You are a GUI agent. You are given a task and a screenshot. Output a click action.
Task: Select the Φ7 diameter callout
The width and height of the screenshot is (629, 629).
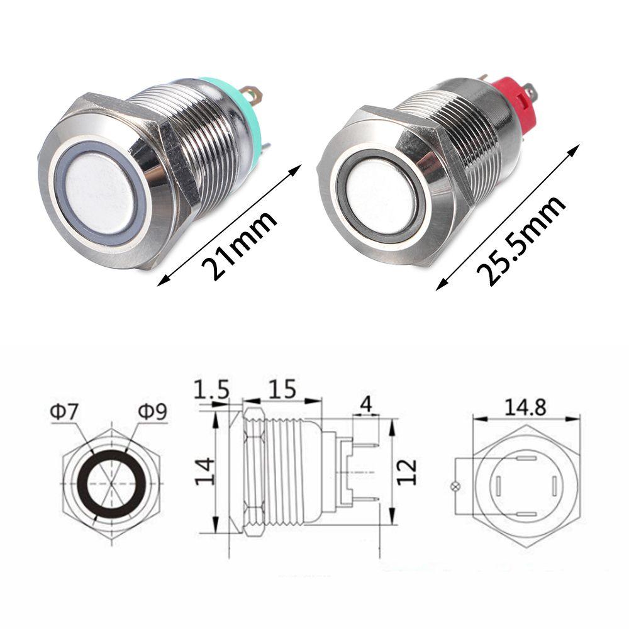pyautogui.click(x=64, y=413)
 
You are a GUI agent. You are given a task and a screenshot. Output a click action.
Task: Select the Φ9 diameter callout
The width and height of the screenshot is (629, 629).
pyautogui.click(x=152, y=413)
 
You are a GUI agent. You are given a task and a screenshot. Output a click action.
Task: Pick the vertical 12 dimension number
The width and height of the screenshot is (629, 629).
pyautogui.click(x=407, y=471)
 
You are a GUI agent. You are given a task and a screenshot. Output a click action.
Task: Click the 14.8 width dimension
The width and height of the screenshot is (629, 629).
pyautogui.click(x=525, y=407)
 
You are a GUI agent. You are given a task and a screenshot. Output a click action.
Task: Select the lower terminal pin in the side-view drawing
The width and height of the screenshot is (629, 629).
pyautogui.click(x=365, y=501)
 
